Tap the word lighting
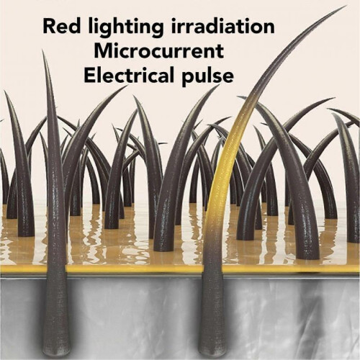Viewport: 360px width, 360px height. tap(125, 28)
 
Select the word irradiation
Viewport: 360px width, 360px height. tap(222, 26)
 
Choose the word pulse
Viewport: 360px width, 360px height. tap(207, 76)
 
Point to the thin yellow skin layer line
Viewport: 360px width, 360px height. tap(180, 269)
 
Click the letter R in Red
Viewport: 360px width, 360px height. tap(49, 26)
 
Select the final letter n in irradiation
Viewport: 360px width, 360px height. tap(269, 28)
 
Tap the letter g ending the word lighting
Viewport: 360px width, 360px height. tap(158, 31)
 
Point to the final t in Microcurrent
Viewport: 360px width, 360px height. tap(220, 52)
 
